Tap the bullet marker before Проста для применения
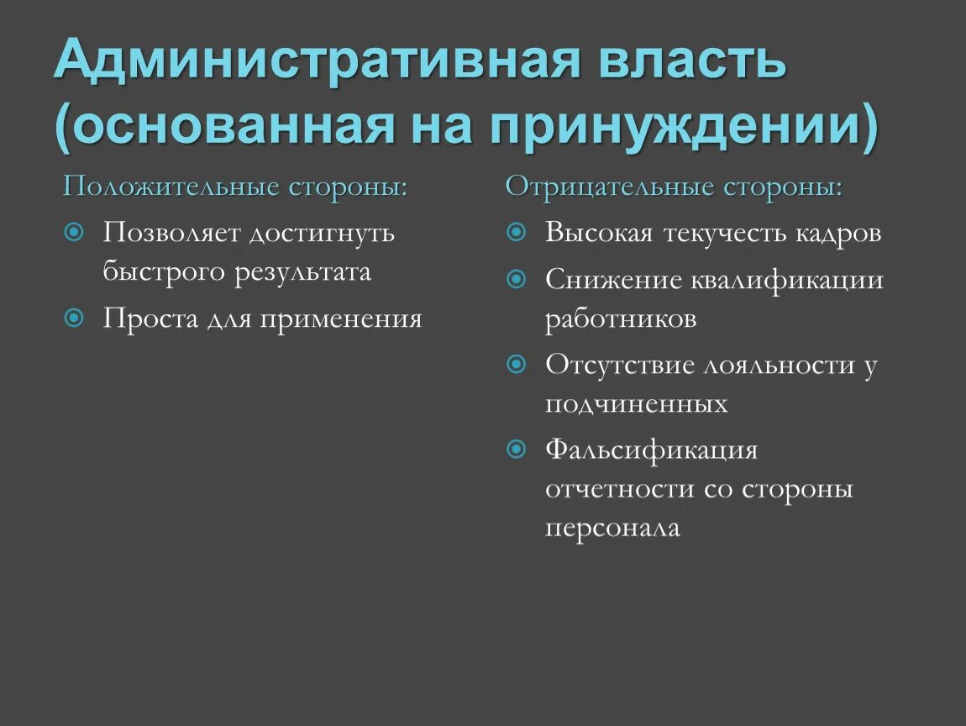tap(74, 318)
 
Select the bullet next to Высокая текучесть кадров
tap(517, 231)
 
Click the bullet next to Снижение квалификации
tap(517, 277)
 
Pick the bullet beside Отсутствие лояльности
tap(517, 364)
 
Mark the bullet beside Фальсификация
tap(517, 450)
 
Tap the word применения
tap(340, 319)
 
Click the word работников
tap(621, 320)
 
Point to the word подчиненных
tap(636, 405)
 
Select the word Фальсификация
tap(651, 450)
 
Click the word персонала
tap(612, 529)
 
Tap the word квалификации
tap(787, 279)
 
